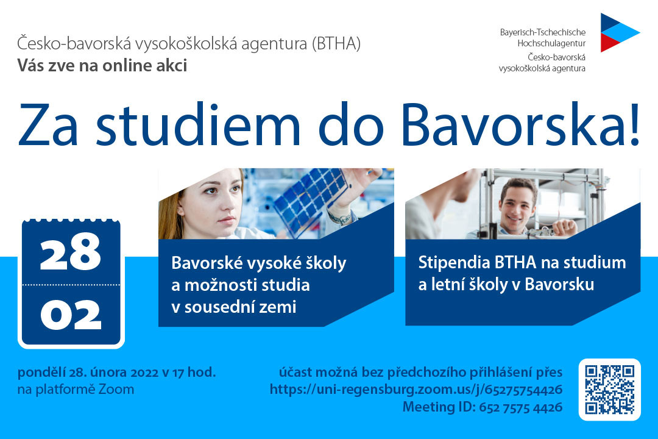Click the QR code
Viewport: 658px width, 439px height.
[x=609, y=390]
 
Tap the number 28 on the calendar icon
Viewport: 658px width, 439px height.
[x=71, y=252]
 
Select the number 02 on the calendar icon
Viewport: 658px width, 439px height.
[x=71, y=315]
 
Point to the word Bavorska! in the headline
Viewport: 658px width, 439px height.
[x=520, y=125]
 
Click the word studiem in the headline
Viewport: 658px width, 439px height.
[x=198, y=125]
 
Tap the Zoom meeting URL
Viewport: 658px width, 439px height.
[x=416, y=390]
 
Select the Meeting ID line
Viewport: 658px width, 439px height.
[x=482, y=407]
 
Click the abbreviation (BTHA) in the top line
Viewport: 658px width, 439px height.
[x=336, y=44]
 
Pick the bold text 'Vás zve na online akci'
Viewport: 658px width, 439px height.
[x=102, y=65]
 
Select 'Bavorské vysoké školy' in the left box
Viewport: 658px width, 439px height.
[x=258, y=263]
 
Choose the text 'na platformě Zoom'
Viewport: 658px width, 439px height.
[x=76, y=390]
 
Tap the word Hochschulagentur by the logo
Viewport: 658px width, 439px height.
[x=551, y=44]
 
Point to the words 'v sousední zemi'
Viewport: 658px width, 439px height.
[x=234, y=307]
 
